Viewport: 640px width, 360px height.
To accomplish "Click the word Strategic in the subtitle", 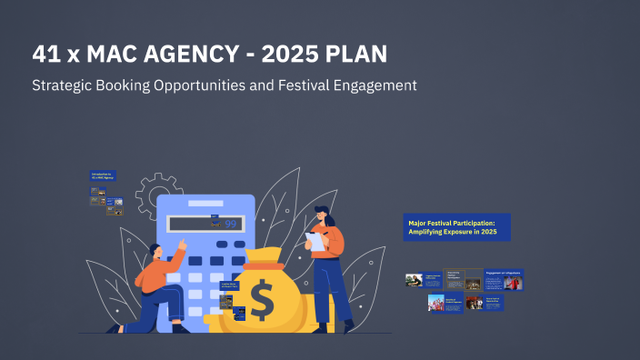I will (x=63, y=85).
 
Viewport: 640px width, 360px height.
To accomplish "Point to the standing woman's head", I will (x=325, y=215).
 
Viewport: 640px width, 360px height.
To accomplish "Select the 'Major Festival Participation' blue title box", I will (x=456, y=227).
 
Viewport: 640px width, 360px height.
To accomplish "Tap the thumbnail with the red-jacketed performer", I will (x=514, y=282).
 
